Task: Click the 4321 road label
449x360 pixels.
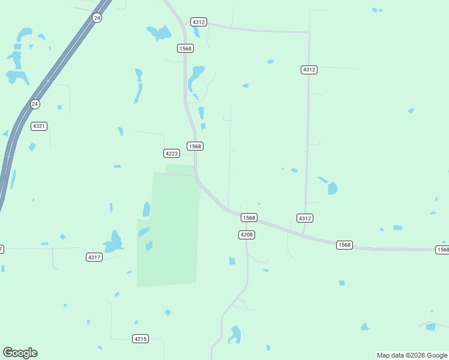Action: [x=39, y=126]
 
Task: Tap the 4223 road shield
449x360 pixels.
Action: [x=172, y=153]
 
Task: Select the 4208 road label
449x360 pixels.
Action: [x=246, y=235]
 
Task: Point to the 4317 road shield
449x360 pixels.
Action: [x=94, y=257]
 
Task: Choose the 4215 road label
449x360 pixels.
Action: [x=140, y=339]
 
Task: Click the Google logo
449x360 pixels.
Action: [x=20, y=353]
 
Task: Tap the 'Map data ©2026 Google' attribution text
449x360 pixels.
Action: [x=412, y=355]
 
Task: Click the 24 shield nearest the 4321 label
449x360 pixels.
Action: [x=35, y=104]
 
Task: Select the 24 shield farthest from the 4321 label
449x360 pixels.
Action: [x=97, y=18]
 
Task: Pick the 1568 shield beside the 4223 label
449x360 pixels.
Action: [x=194, y=146]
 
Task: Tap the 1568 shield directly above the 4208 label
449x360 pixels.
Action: [x=249, y=217]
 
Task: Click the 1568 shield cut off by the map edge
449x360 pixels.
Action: [x=442, y=250]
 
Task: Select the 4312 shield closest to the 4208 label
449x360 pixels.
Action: [x=304, y=218]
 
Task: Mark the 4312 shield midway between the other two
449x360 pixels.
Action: [x=309, y=70]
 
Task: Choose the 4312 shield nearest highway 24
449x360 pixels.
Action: [x=199, y=22]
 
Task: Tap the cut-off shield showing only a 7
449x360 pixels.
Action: [x=1, y=249]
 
